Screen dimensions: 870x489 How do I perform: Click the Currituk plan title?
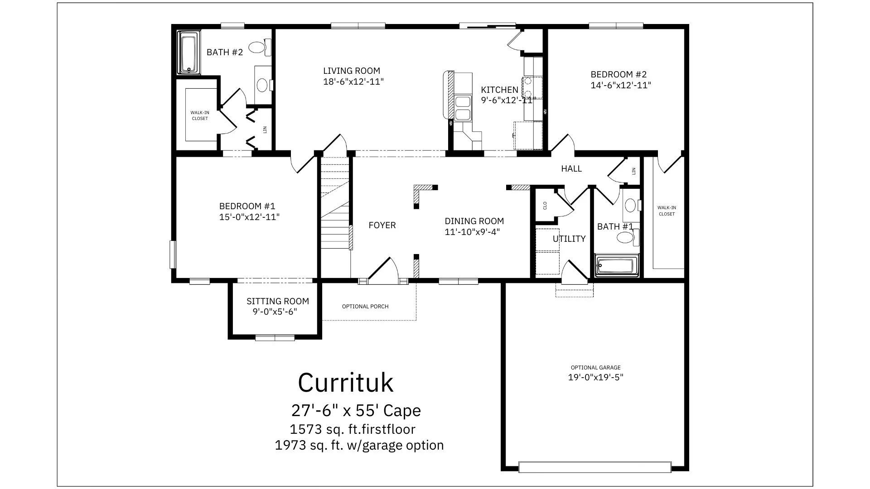click(346, 383)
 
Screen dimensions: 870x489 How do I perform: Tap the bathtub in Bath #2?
click(189, 53)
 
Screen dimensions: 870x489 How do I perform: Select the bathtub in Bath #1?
click(616, 266)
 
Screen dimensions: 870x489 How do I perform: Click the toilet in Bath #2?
click(260, 47)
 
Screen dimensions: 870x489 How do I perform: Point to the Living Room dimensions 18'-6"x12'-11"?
click(353, 82)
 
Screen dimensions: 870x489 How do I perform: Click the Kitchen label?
click(499, 90)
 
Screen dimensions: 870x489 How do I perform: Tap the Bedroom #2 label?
click(619, 74)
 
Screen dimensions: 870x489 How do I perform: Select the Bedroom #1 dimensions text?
click(249, 217)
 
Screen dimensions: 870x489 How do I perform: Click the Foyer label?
click(382, 225)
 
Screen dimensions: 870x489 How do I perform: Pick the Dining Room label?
click(474, 221)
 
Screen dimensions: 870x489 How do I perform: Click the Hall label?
click(571, 168)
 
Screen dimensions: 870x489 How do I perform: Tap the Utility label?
click(569, 239)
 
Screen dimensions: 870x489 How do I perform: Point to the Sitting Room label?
click(278, 301)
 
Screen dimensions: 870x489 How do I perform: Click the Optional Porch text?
click(365, 307)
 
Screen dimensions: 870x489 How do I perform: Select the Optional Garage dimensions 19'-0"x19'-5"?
click(596, 377)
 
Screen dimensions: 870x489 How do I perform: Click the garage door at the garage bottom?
click(595, 467)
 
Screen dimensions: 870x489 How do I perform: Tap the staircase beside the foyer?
click(335, 202)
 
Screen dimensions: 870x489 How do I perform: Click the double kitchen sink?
click(463, 108)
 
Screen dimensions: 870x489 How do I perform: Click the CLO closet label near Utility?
click(545, 206)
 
